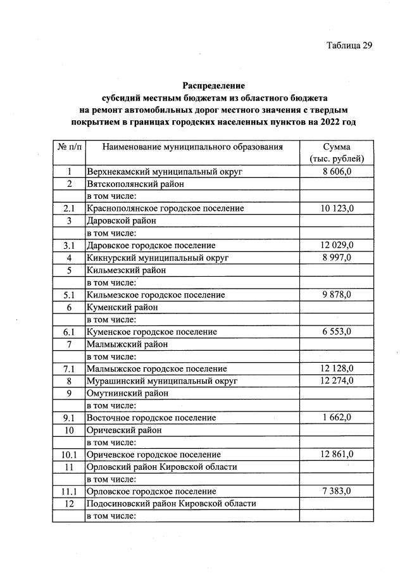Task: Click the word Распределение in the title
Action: click(x=213, y=85)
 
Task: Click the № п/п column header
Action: click(x=69, y=147)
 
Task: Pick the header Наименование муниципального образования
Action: click(x=192, y=147)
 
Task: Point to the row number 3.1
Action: click(x=69, y=245)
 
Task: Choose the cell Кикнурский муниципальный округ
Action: click(x=157, y=258)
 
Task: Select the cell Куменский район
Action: click(x=122, y=307)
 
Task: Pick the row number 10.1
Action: click(x=69, y=455)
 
